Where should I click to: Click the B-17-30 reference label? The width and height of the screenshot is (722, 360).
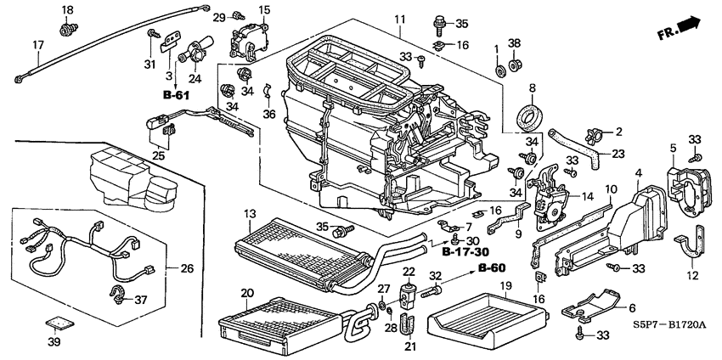point(465,252)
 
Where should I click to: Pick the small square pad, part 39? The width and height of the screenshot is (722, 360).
point(56,323)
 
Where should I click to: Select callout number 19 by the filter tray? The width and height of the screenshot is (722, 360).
point(504,286)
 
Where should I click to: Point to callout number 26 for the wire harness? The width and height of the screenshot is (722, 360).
point(188,269)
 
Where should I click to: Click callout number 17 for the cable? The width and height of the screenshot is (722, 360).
point(37,44)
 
